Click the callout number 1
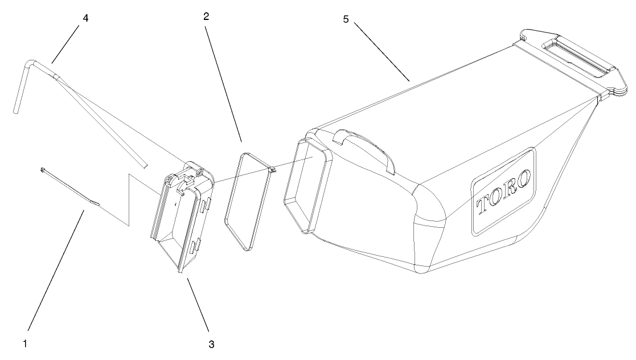pos(25,343)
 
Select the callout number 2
pos(206,17)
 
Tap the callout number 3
pos(212,343)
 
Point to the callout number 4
pos(85,18)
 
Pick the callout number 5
pos(345,19)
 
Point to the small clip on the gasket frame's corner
pos(272,169)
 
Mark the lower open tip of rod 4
pos(145,165)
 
